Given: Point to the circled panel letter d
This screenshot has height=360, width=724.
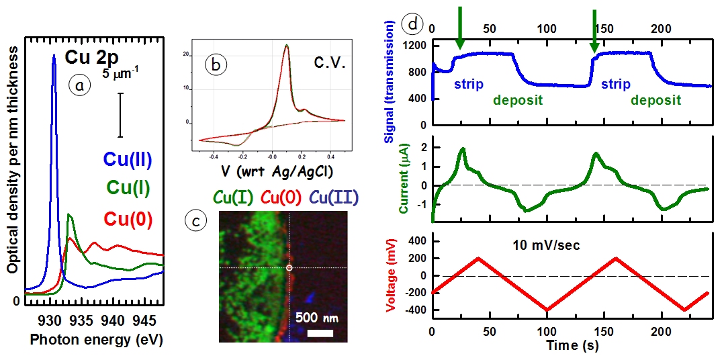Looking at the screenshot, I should (411, 25).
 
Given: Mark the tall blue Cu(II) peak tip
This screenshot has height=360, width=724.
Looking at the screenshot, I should (54, 56).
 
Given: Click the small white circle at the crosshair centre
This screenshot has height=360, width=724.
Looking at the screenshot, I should (289, 268).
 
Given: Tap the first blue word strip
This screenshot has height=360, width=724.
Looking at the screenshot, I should (468, 85).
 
